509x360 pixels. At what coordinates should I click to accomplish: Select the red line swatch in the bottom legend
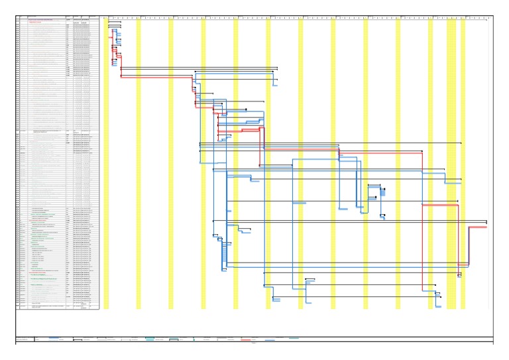click(245, 339)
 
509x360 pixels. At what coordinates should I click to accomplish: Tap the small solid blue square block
click(382, 192)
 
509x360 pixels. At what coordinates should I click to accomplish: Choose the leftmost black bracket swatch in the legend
click(77, 339)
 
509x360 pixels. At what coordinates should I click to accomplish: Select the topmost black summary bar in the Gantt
click(115, 22)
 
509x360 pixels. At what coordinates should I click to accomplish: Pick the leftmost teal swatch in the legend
click(150, 339)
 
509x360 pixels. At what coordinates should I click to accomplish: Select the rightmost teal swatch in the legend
click(294, 338)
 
